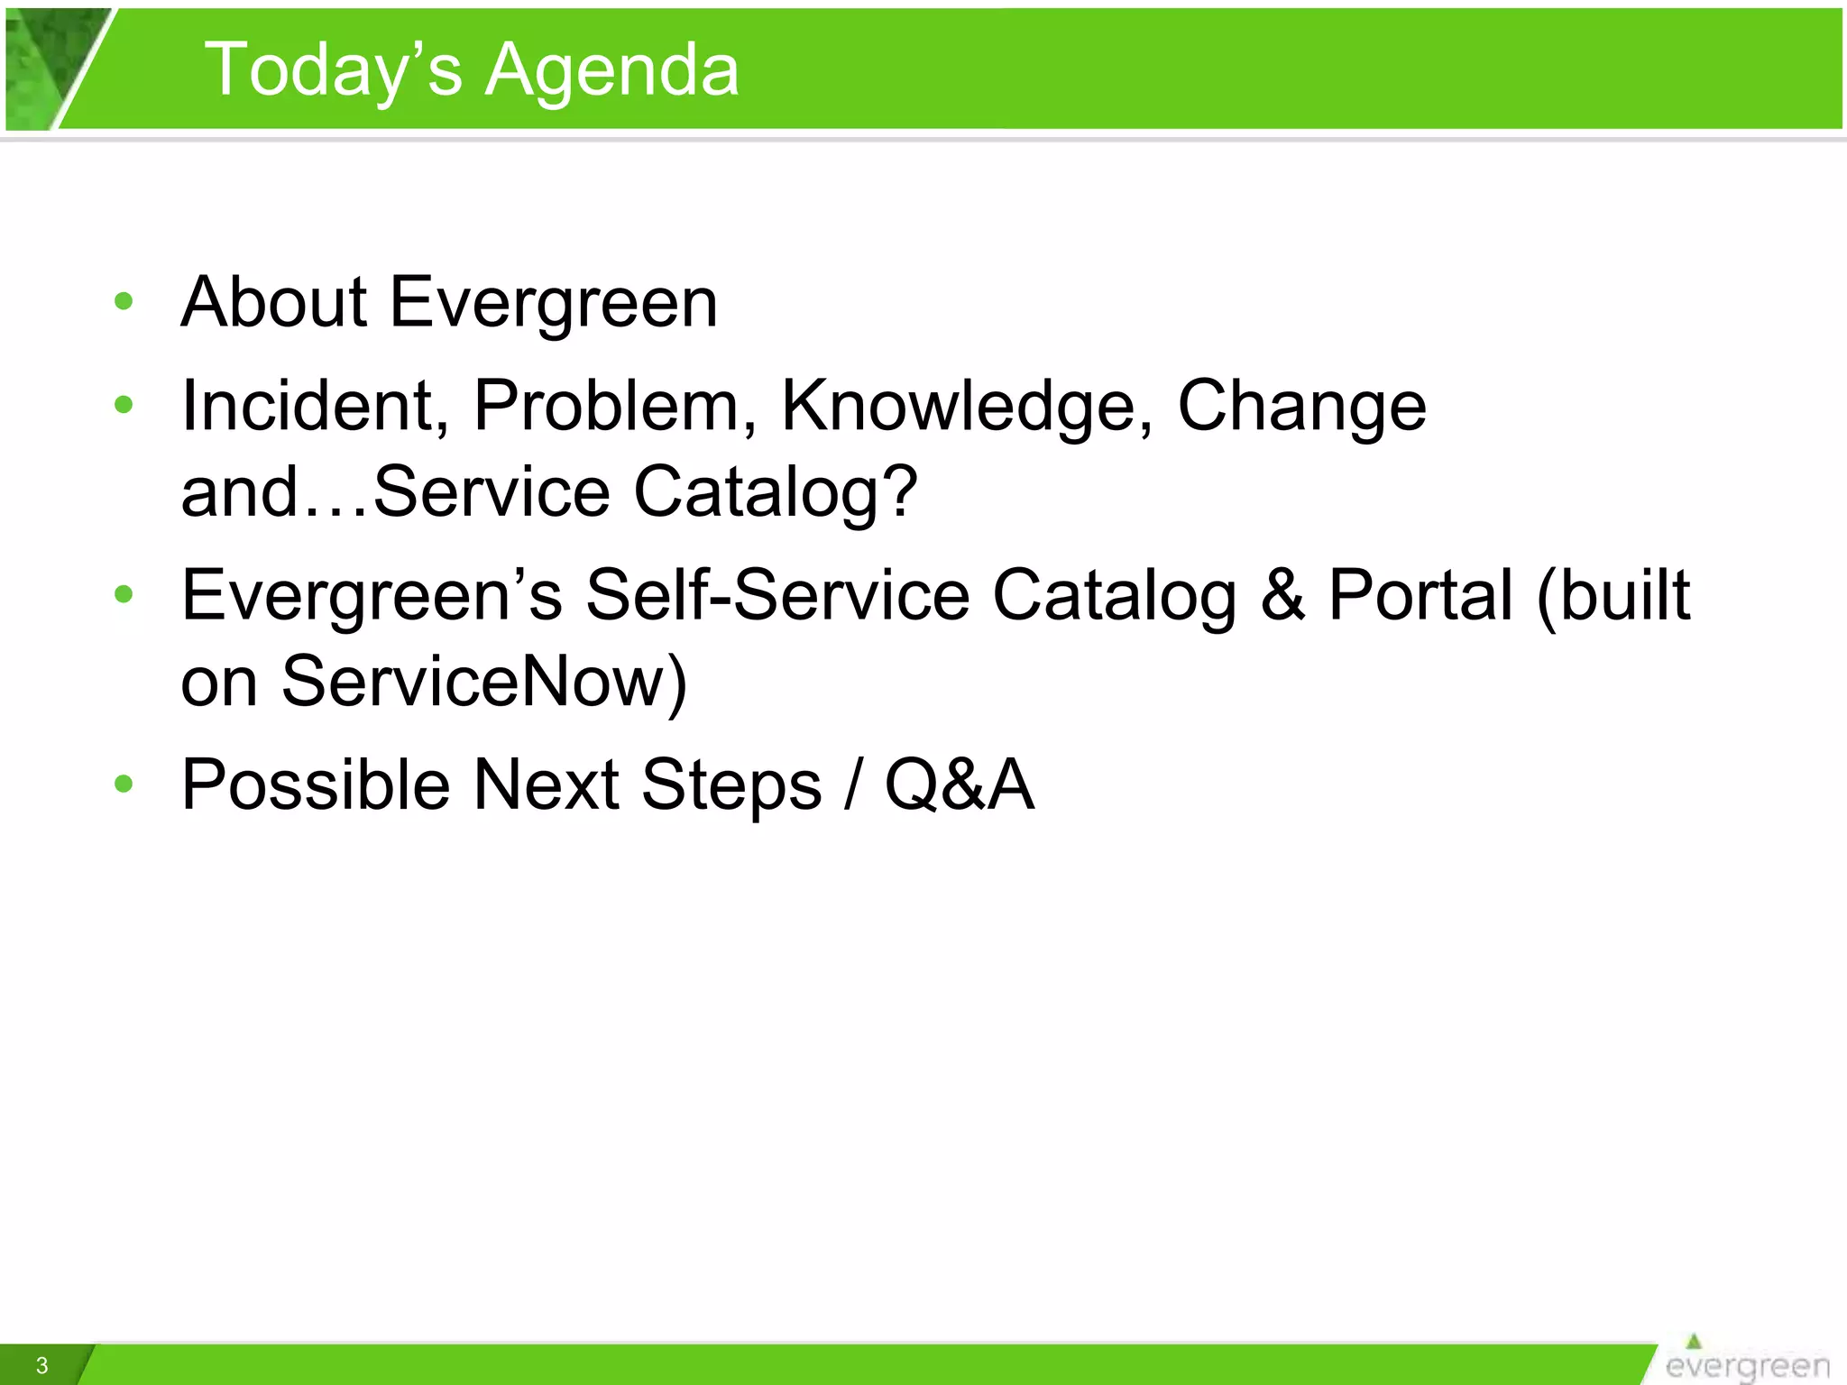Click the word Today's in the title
[333, 70]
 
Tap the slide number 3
[41, 1365]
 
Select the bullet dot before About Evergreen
[124, 301]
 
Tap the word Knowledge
[966, 406]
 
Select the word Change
[1301, 406]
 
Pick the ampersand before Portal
[1282, 595]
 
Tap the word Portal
[1420, 595]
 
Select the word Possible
[315, 784]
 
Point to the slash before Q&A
[852, 784]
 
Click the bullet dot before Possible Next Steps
[124, 784]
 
